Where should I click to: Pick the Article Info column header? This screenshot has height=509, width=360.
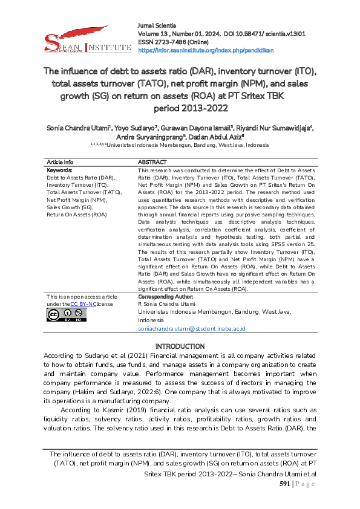60,162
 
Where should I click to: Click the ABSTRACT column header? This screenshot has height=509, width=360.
152,162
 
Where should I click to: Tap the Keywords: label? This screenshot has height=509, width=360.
59,170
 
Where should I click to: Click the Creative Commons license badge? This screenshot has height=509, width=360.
61,315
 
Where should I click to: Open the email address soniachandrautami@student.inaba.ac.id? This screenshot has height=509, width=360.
191,329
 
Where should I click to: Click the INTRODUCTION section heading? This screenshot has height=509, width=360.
180,346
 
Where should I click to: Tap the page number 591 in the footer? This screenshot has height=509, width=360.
286,484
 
